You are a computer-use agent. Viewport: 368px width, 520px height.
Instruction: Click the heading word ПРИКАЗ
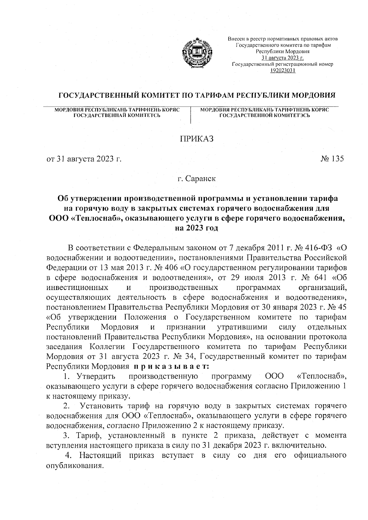coord(197,139)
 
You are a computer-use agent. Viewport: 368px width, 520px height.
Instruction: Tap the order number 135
coord(337,159)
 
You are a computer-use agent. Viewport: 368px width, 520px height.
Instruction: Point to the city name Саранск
coord(201,179)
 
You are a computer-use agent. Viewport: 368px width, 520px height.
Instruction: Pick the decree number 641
coord(314,278)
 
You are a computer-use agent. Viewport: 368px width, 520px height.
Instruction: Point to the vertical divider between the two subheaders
coord(191,115)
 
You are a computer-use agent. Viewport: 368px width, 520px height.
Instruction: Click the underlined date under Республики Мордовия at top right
coord(282,58)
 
